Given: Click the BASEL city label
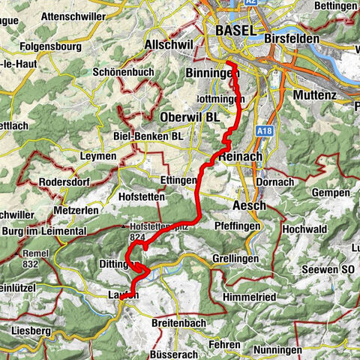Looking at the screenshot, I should tap(235, 30).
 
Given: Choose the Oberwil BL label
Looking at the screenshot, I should tap(190, 118).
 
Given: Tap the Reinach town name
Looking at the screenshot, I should tap(241, 156).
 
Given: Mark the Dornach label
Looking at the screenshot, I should tap(272, 182).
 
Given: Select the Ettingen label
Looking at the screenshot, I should tap(178, 181).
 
